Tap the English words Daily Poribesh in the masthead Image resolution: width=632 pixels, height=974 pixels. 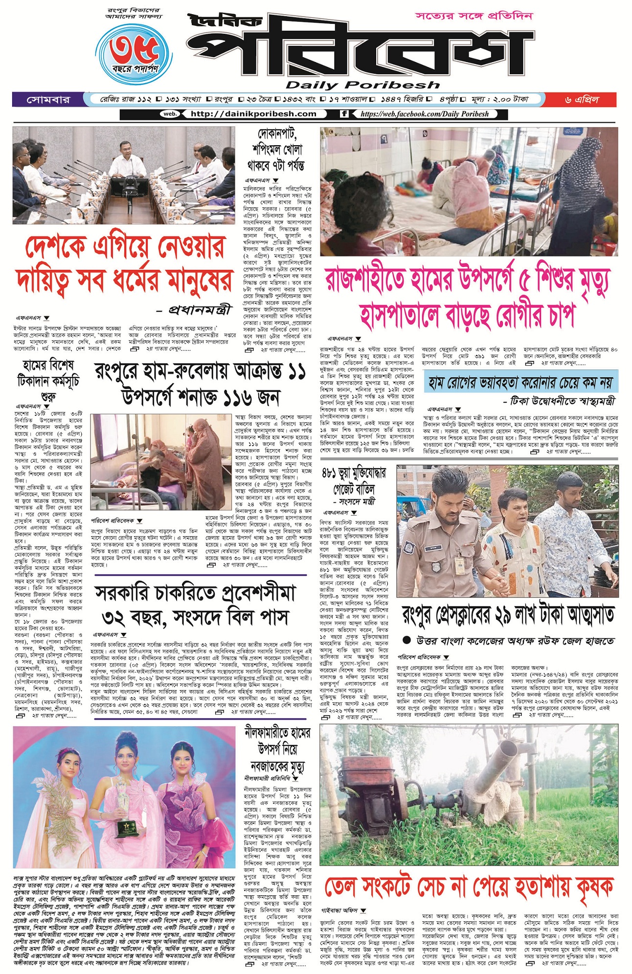[x=362, y=85]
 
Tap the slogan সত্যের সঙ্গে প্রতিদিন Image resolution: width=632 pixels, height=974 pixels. [x=474, y=16]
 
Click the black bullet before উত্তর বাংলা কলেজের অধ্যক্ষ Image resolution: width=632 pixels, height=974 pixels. [x=406, y=640]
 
